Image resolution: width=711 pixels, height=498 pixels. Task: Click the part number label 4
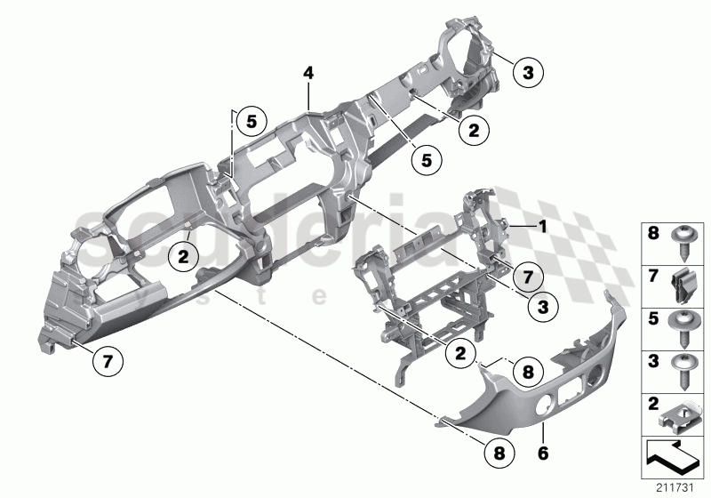[x=308, y=73]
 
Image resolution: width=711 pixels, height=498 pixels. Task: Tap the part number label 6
[x=544, y=453]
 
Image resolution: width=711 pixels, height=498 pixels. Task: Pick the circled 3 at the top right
[x=527, y=72]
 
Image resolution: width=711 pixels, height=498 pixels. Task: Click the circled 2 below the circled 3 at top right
[x=474, y=130]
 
